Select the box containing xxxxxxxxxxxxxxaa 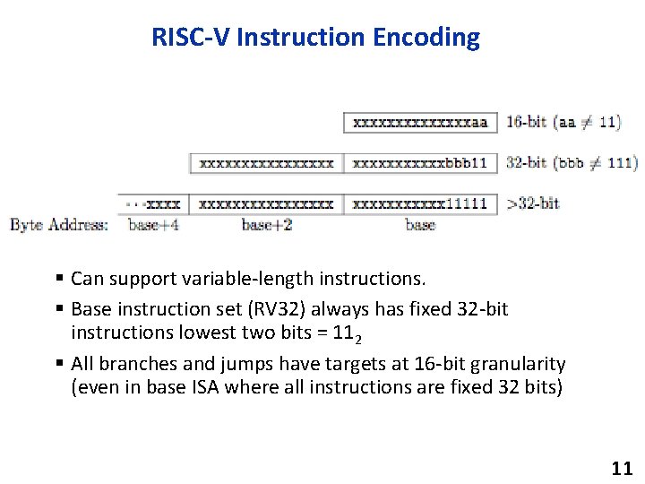coord(420,122)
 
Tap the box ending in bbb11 coord(420,163)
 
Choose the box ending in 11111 coord(420,203)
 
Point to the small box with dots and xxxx coord(153,203)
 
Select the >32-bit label coord(533,203)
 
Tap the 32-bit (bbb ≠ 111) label coord(572,163)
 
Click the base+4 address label coord(153,224)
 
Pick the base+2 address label coord(266,224)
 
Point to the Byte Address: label coord(59,224)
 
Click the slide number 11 coord(621,468)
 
